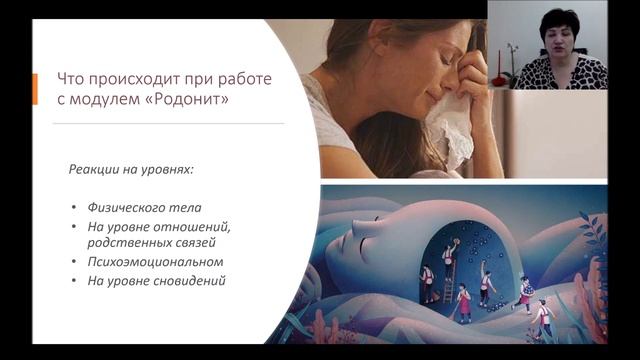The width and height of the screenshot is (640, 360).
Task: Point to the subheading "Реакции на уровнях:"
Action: (130, 170)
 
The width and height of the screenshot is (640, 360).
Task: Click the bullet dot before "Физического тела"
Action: (74, 208)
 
